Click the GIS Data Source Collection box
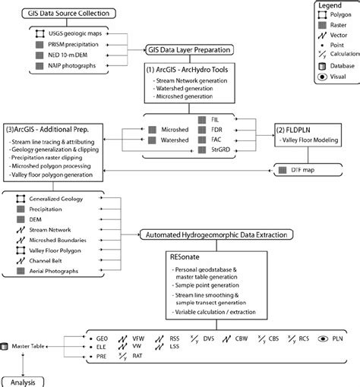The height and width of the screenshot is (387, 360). click(60, 14)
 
